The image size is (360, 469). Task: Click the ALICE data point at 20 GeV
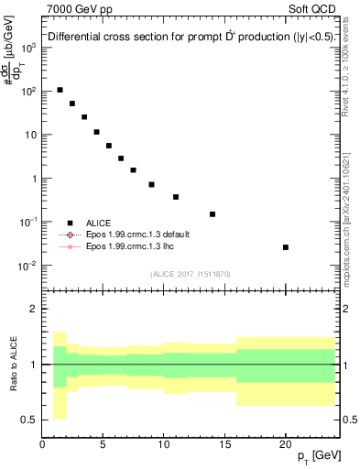(286, 247)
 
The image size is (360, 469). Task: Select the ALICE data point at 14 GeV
(213, 214)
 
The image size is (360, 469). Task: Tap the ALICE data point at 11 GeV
(176, 197)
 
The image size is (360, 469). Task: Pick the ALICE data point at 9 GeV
(152, 184)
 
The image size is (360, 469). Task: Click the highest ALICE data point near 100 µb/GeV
(60, 90)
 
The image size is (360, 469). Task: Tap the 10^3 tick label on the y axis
(29, 48)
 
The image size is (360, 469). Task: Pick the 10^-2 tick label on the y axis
(29, 266)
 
